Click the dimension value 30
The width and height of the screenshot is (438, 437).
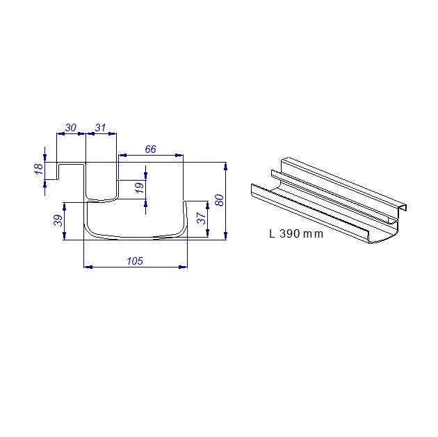point(71,128)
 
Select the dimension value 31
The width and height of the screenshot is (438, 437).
point(101,128)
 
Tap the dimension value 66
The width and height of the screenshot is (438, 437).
point(151,149)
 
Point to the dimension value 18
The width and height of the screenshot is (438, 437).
point(39,169)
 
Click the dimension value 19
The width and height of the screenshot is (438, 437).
point(140,188)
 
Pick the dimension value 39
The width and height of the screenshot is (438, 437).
point(58,220)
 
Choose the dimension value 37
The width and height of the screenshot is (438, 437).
point(202,218)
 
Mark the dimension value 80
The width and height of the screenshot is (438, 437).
point(220,200)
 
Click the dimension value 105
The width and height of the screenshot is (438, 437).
point(135,261)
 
